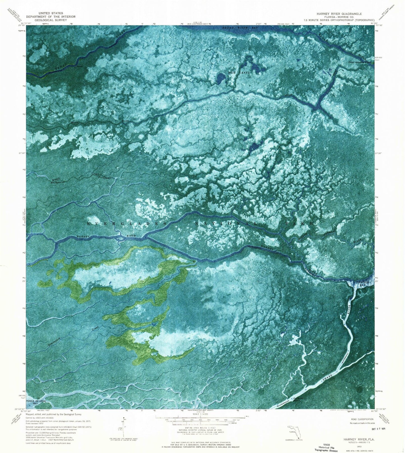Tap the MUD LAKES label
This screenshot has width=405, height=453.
pos(239,73)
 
